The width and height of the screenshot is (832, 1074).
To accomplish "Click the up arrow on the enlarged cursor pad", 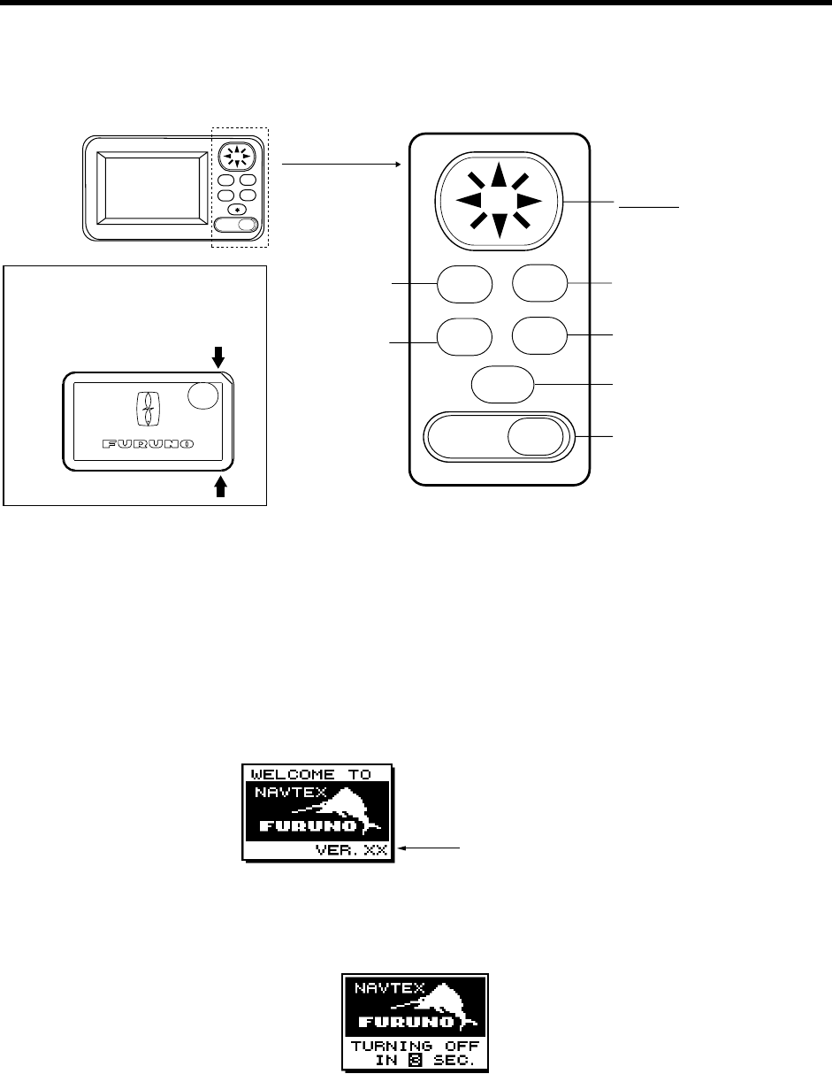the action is (500, 176).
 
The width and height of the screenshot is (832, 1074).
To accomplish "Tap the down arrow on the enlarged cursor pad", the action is (500, 226).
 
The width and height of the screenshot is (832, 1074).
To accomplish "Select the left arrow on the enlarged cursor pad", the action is (465, 201).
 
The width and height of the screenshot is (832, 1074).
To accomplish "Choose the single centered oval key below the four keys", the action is (502, 385).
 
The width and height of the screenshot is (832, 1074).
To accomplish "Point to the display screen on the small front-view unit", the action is (148, 187).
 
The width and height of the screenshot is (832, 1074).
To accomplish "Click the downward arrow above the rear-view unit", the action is (219, 356).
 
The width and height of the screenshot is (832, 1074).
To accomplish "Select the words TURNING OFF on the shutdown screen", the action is (415, 1045).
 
